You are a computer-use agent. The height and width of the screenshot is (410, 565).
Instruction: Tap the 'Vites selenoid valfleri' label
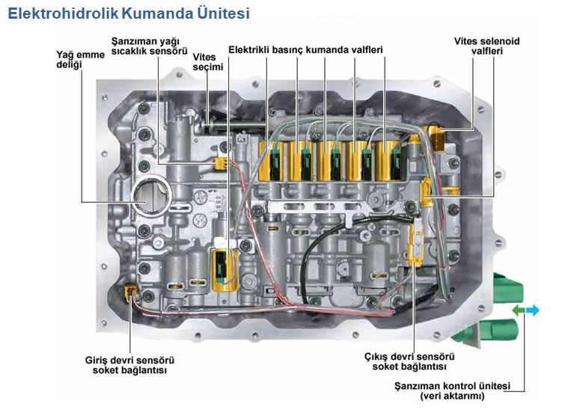click(486, 46)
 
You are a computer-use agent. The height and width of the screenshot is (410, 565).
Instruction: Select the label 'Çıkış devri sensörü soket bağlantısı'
click(409, 361)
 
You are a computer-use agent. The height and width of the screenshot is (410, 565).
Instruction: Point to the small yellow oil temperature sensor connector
click(219, 162)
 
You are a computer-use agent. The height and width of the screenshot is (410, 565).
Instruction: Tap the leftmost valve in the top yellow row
click(269, 158)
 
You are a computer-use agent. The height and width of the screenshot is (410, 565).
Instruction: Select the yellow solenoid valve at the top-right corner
click(436, 137)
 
